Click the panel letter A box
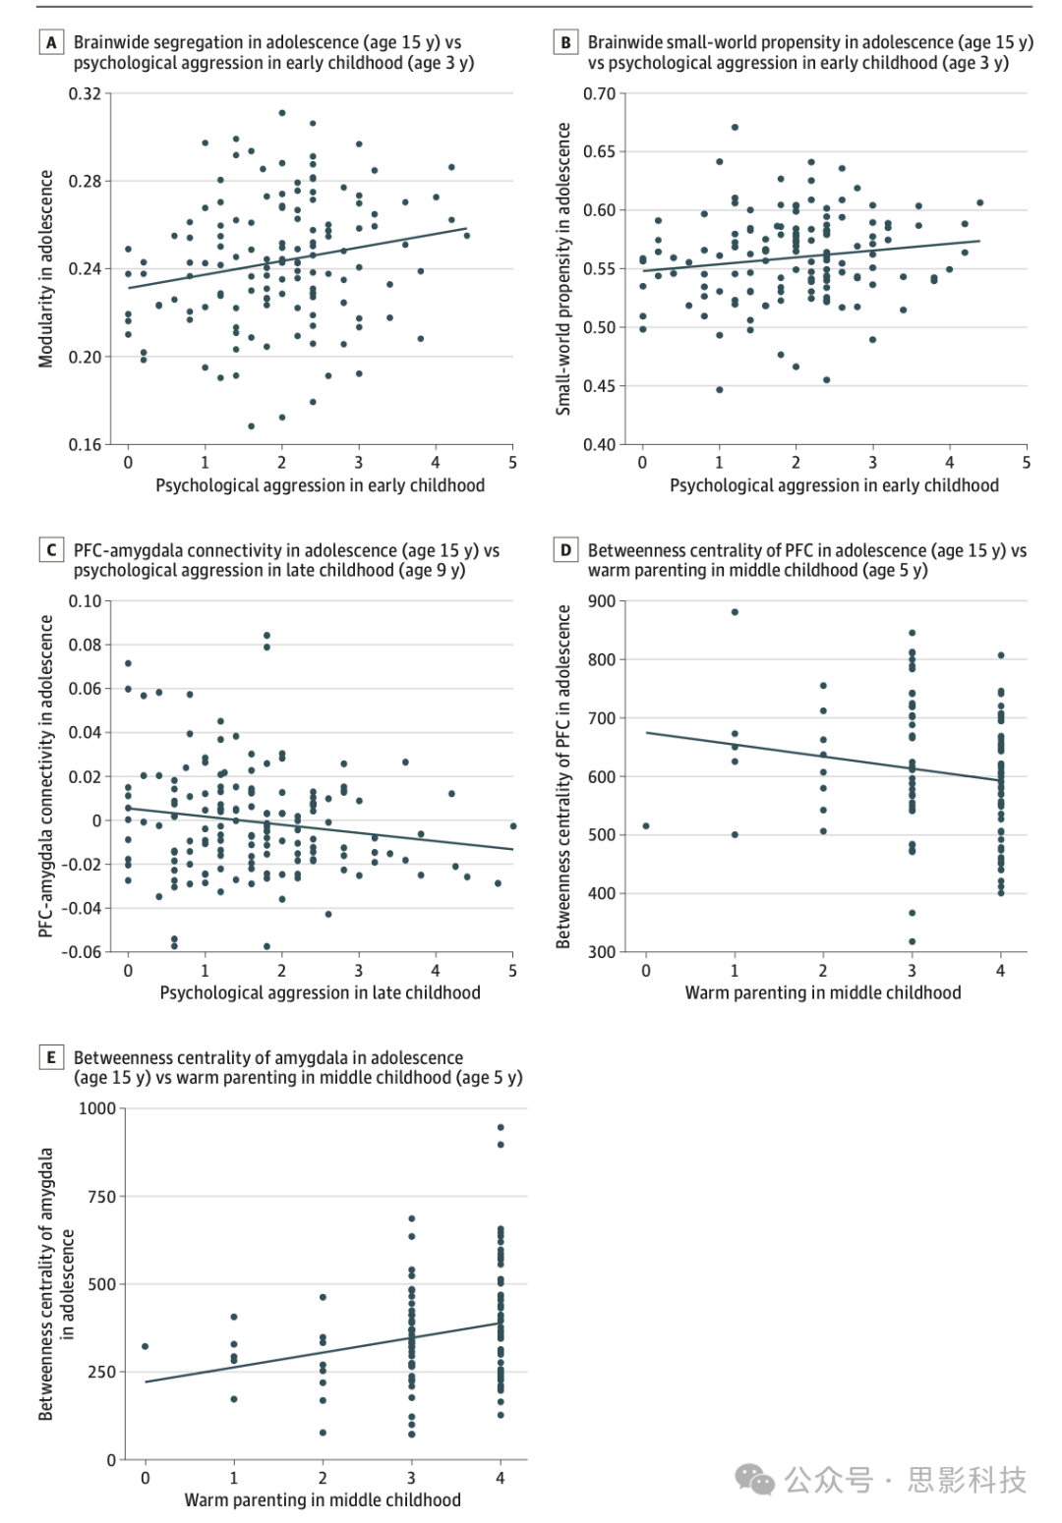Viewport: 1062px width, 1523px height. coord(51,42)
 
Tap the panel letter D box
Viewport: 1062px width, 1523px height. coord(565,550)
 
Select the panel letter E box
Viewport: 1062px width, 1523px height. coord(51,1057)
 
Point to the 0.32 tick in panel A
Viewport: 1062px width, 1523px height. coord(85,94)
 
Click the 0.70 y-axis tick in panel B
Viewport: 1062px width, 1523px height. coord(599,94)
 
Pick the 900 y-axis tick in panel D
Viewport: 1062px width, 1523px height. coord(602,601)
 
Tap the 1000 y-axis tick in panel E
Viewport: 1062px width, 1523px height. coord(97,1108)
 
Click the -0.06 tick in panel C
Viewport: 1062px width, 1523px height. coord(83,951)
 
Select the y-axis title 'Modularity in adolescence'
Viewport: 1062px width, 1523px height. coord(46,269)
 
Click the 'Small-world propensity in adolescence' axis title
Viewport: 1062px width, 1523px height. coord(563,269)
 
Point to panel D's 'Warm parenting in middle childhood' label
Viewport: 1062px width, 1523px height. coord(823,992)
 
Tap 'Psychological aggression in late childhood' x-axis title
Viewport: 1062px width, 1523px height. coord(320,992)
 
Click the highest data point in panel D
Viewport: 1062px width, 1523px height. coord(735,612)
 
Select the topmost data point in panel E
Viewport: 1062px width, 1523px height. coord(501,1127)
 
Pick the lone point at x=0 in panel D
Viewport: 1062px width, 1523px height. coord(646,826)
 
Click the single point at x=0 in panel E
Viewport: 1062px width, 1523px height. coord(146,1346)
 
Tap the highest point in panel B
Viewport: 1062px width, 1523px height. coord(735,128)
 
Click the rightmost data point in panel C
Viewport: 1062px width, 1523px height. coord(513,826)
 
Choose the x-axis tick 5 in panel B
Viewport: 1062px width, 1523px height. coord(1026,463)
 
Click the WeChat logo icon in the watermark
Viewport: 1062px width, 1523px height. coord(755,1480)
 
